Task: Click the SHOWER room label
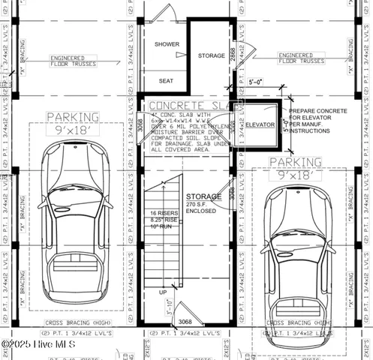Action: pyautogui.click(x=167, y=44)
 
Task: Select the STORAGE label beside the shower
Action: pyautogui.click(x=211, y=56)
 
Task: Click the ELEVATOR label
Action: pyautogui.click(x=260, y=124)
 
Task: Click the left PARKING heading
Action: pyautogui.click(x=72, y=117)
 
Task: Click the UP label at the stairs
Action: pyautogui.click(x=162, y=292)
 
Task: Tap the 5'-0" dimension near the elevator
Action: pyautogui.click(x=257, y=83)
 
